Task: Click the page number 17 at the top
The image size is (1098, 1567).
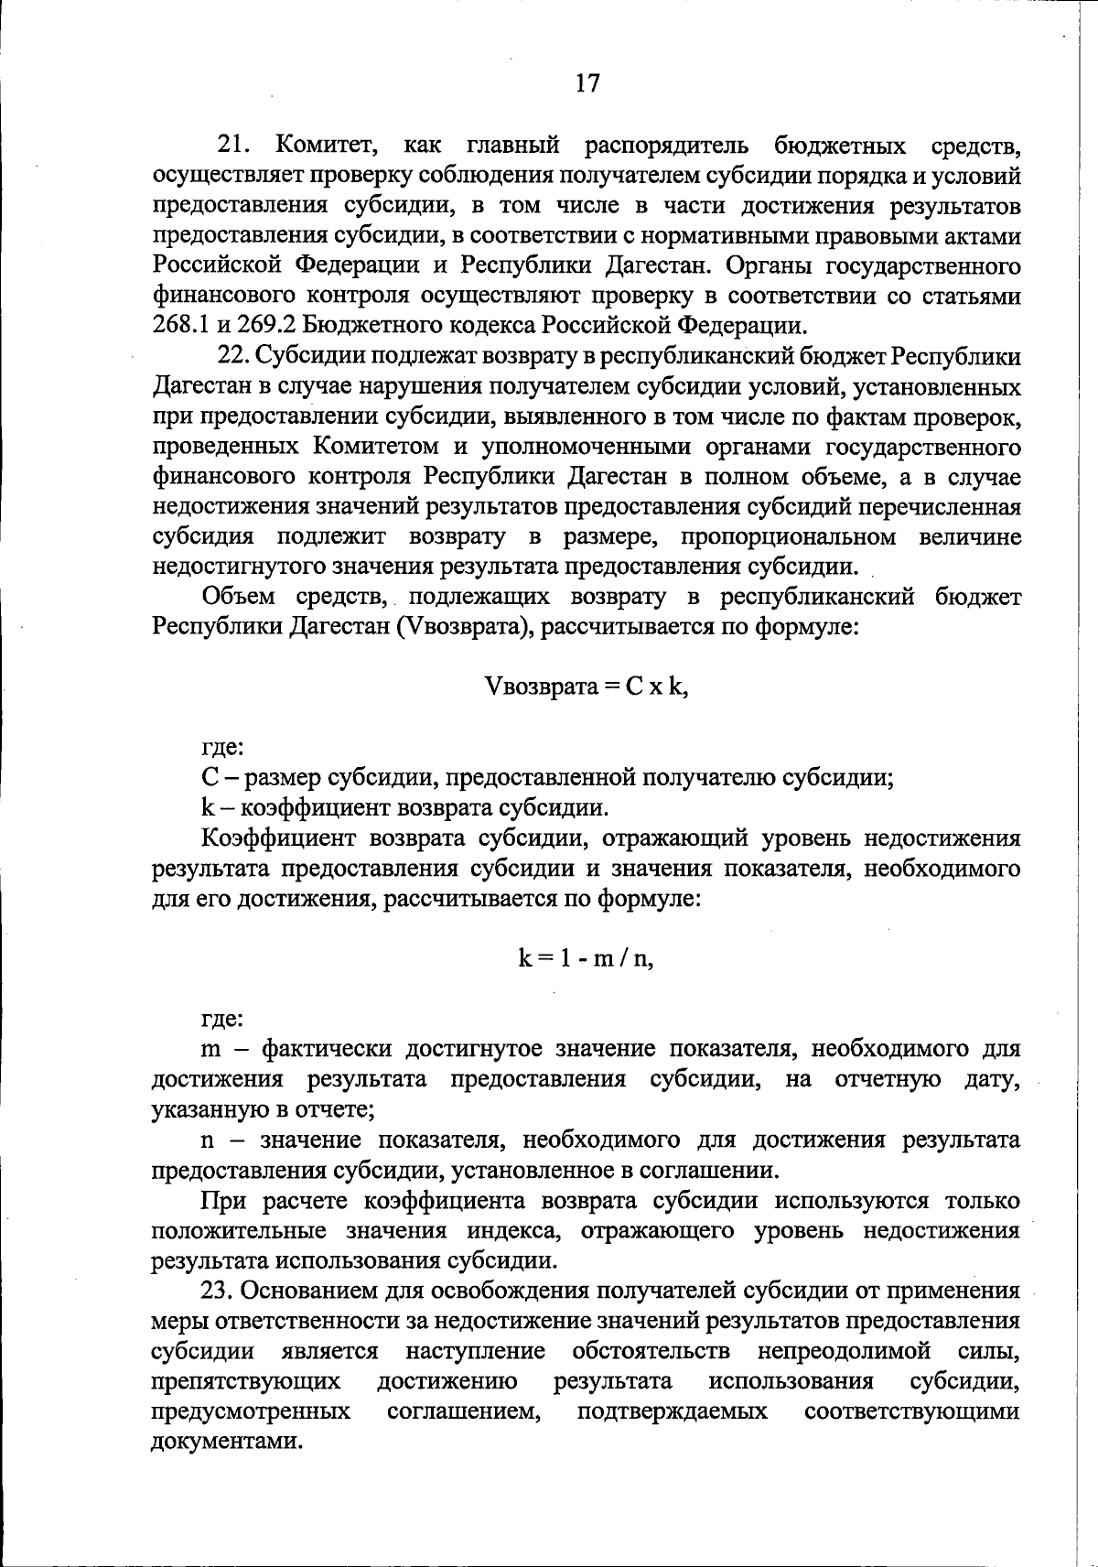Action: point(587,83)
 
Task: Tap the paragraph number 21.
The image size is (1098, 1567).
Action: point(232,145)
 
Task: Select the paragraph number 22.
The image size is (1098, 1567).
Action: point(232,356)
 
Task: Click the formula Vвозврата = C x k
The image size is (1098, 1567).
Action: point(586,687)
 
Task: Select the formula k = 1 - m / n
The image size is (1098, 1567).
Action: point(586,958)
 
